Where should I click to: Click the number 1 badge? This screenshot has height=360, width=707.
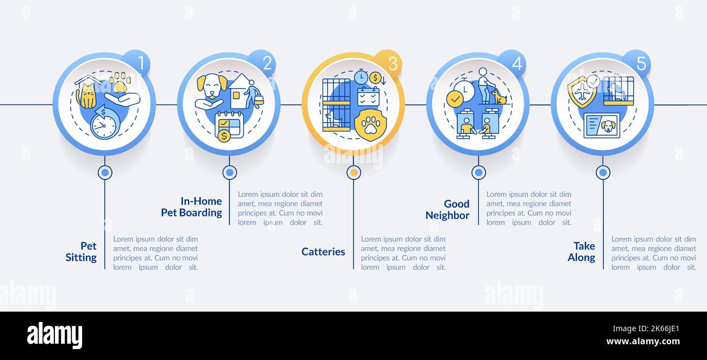coord(137,63)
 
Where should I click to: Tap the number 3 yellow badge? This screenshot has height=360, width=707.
coord(388,63)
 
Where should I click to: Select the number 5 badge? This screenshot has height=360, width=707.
coord(637,63)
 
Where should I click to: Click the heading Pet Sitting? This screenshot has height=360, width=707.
coord(81,252)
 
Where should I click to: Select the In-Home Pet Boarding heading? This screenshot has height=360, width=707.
coord(191,207)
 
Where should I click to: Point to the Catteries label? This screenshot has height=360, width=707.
coord(323,252)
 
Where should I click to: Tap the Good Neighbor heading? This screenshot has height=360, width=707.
coord(448,209)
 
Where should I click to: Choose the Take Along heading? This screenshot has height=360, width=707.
coord(581,252)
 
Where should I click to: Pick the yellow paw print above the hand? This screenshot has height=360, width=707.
coord(120,82)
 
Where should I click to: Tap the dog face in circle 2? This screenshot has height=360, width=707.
coord(212,86)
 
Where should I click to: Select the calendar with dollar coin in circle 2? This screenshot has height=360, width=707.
coord(229,126)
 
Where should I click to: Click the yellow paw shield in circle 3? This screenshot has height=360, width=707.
coord(370,125)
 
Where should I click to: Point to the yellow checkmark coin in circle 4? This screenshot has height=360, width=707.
coord(455,99)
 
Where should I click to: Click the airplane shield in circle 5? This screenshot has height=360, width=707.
coord(582,91)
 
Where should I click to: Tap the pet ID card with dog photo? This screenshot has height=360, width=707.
coord(601,126)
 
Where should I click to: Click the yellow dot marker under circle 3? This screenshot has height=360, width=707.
coord(354,172)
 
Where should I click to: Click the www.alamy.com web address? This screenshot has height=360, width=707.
coord(643,342)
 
